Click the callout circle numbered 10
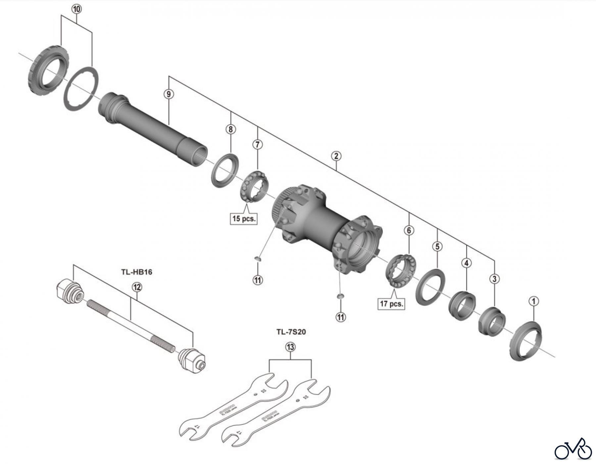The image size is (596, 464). pos(76,9)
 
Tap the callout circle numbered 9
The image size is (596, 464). pos(169,94)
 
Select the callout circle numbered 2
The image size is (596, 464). pos(336,156)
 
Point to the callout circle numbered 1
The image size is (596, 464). pos(534,301)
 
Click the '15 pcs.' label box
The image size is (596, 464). pos(244,219)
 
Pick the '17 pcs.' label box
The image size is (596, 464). pos(391,303)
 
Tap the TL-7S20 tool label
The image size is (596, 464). pos(291,332)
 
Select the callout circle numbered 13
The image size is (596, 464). pos(290,347)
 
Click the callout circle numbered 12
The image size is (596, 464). pos(137,287)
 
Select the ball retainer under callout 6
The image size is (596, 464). pos(401,270)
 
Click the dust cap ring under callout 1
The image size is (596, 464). pos(526,342)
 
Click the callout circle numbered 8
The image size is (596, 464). pos(230,129)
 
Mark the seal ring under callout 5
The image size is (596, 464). pos(430,287)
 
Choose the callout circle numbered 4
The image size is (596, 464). pos(467,263)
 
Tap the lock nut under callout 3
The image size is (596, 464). pos(492,322)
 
